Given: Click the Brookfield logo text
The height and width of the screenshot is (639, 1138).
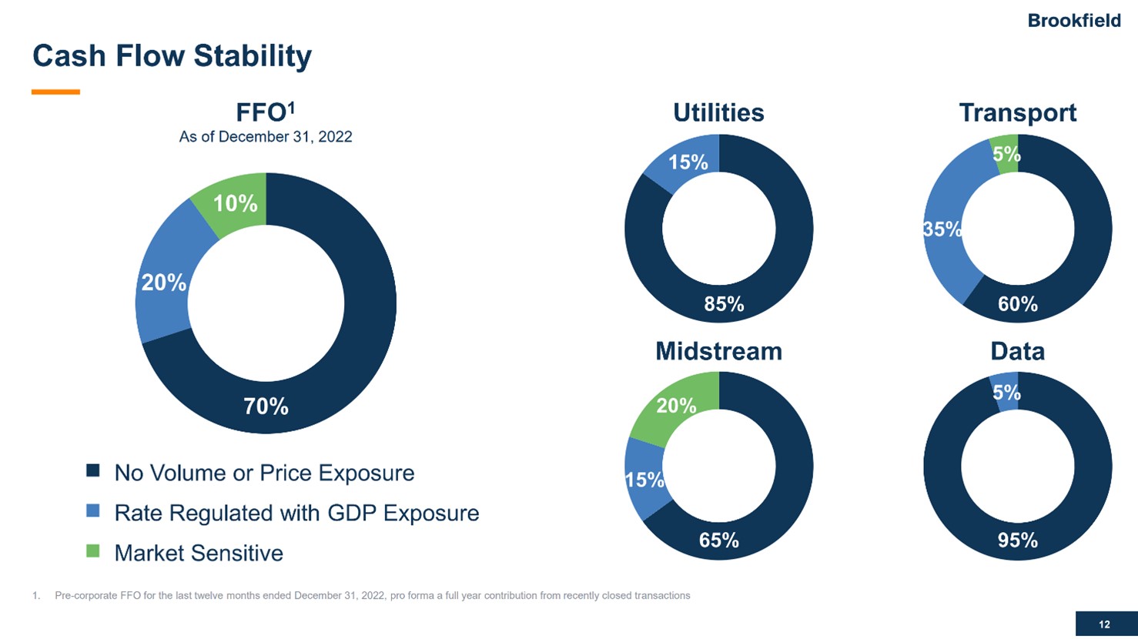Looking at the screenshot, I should coord(1073,21).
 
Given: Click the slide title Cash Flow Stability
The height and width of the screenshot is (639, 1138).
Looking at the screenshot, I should coord(172,56).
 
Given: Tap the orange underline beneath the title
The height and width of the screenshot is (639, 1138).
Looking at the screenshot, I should coord(55,92).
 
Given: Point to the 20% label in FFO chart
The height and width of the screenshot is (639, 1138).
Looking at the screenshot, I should coord(163,283).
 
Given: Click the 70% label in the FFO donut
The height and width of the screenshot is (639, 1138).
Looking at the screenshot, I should coord(266,406).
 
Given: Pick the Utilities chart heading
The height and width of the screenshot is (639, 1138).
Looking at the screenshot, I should coord(718,112).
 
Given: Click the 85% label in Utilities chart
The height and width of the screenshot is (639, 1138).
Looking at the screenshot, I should coord(724,304).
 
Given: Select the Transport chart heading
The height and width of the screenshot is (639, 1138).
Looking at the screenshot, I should coord(1017,112).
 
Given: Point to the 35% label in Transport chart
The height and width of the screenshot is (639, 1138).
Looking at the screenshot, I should coord(942,229).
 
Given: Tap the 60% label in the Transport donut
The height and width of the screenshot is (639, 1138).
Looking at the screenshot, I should coord(1017,304).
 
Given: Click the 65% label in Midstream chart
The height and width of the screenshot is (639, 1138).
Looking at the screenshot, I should coord(718,540).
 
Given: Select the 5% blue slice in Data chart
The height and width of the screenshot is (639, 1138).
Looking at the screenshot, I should coord(1006,393).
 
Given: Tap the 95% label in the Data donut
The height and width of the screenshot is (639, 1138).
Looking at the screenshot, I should coord(1017,540).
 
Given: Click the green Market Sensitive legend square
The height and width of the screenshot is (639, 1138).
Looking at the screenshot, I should coord(92,551).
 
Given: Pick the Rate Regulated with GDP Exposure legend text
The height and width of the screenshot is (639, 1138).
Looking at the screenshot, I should coord(296,513).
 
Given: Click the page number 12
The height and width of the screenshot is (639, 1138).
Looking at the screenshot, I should coord(1104,624).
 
